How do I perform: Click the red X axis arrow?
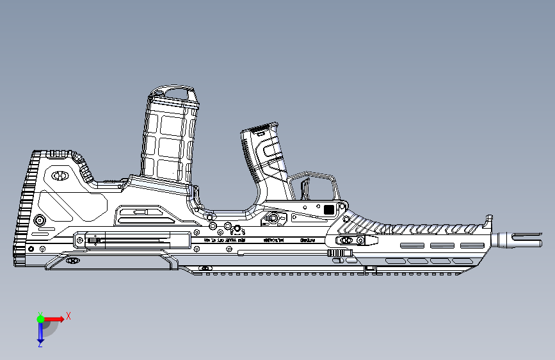click(x=54, y=318)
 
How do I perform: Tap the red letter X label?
click(x=68, y=316)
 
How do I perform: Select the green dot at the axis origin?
click(x=40, y=318)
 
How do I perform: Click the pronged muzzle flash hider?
click(x=516, y=240)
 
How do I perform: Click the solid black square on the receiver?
click(x=329, y=209)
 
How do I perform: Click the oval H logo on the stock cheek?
click(x=61, y=174)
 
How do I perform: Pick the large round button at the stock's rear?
click(x=40, y=220)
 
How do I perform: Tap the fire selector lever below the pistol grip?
click(x=275, y=218)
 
